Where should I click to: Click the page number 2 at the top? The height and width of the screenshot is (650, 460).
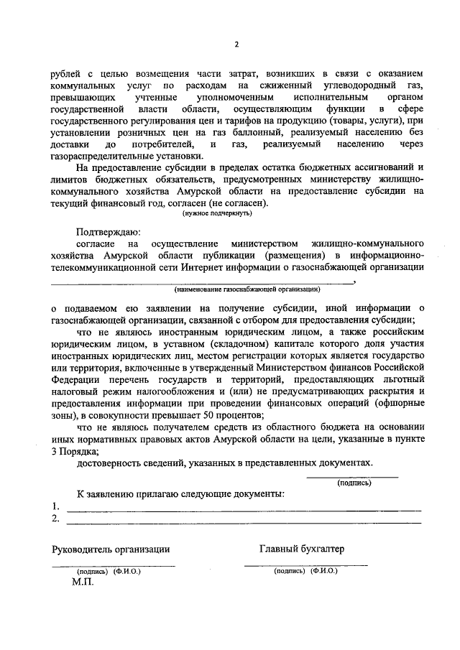click(x=236, y=46)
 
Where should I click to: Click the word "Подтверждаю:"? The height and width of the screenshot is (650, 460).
click(x=109, y=232)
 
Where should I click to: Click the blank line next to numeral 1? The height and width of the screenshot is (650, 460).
click(x=244, y=509)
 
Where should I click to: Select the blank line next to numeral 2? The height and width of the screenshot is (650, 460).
click(x=244, y=521)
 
